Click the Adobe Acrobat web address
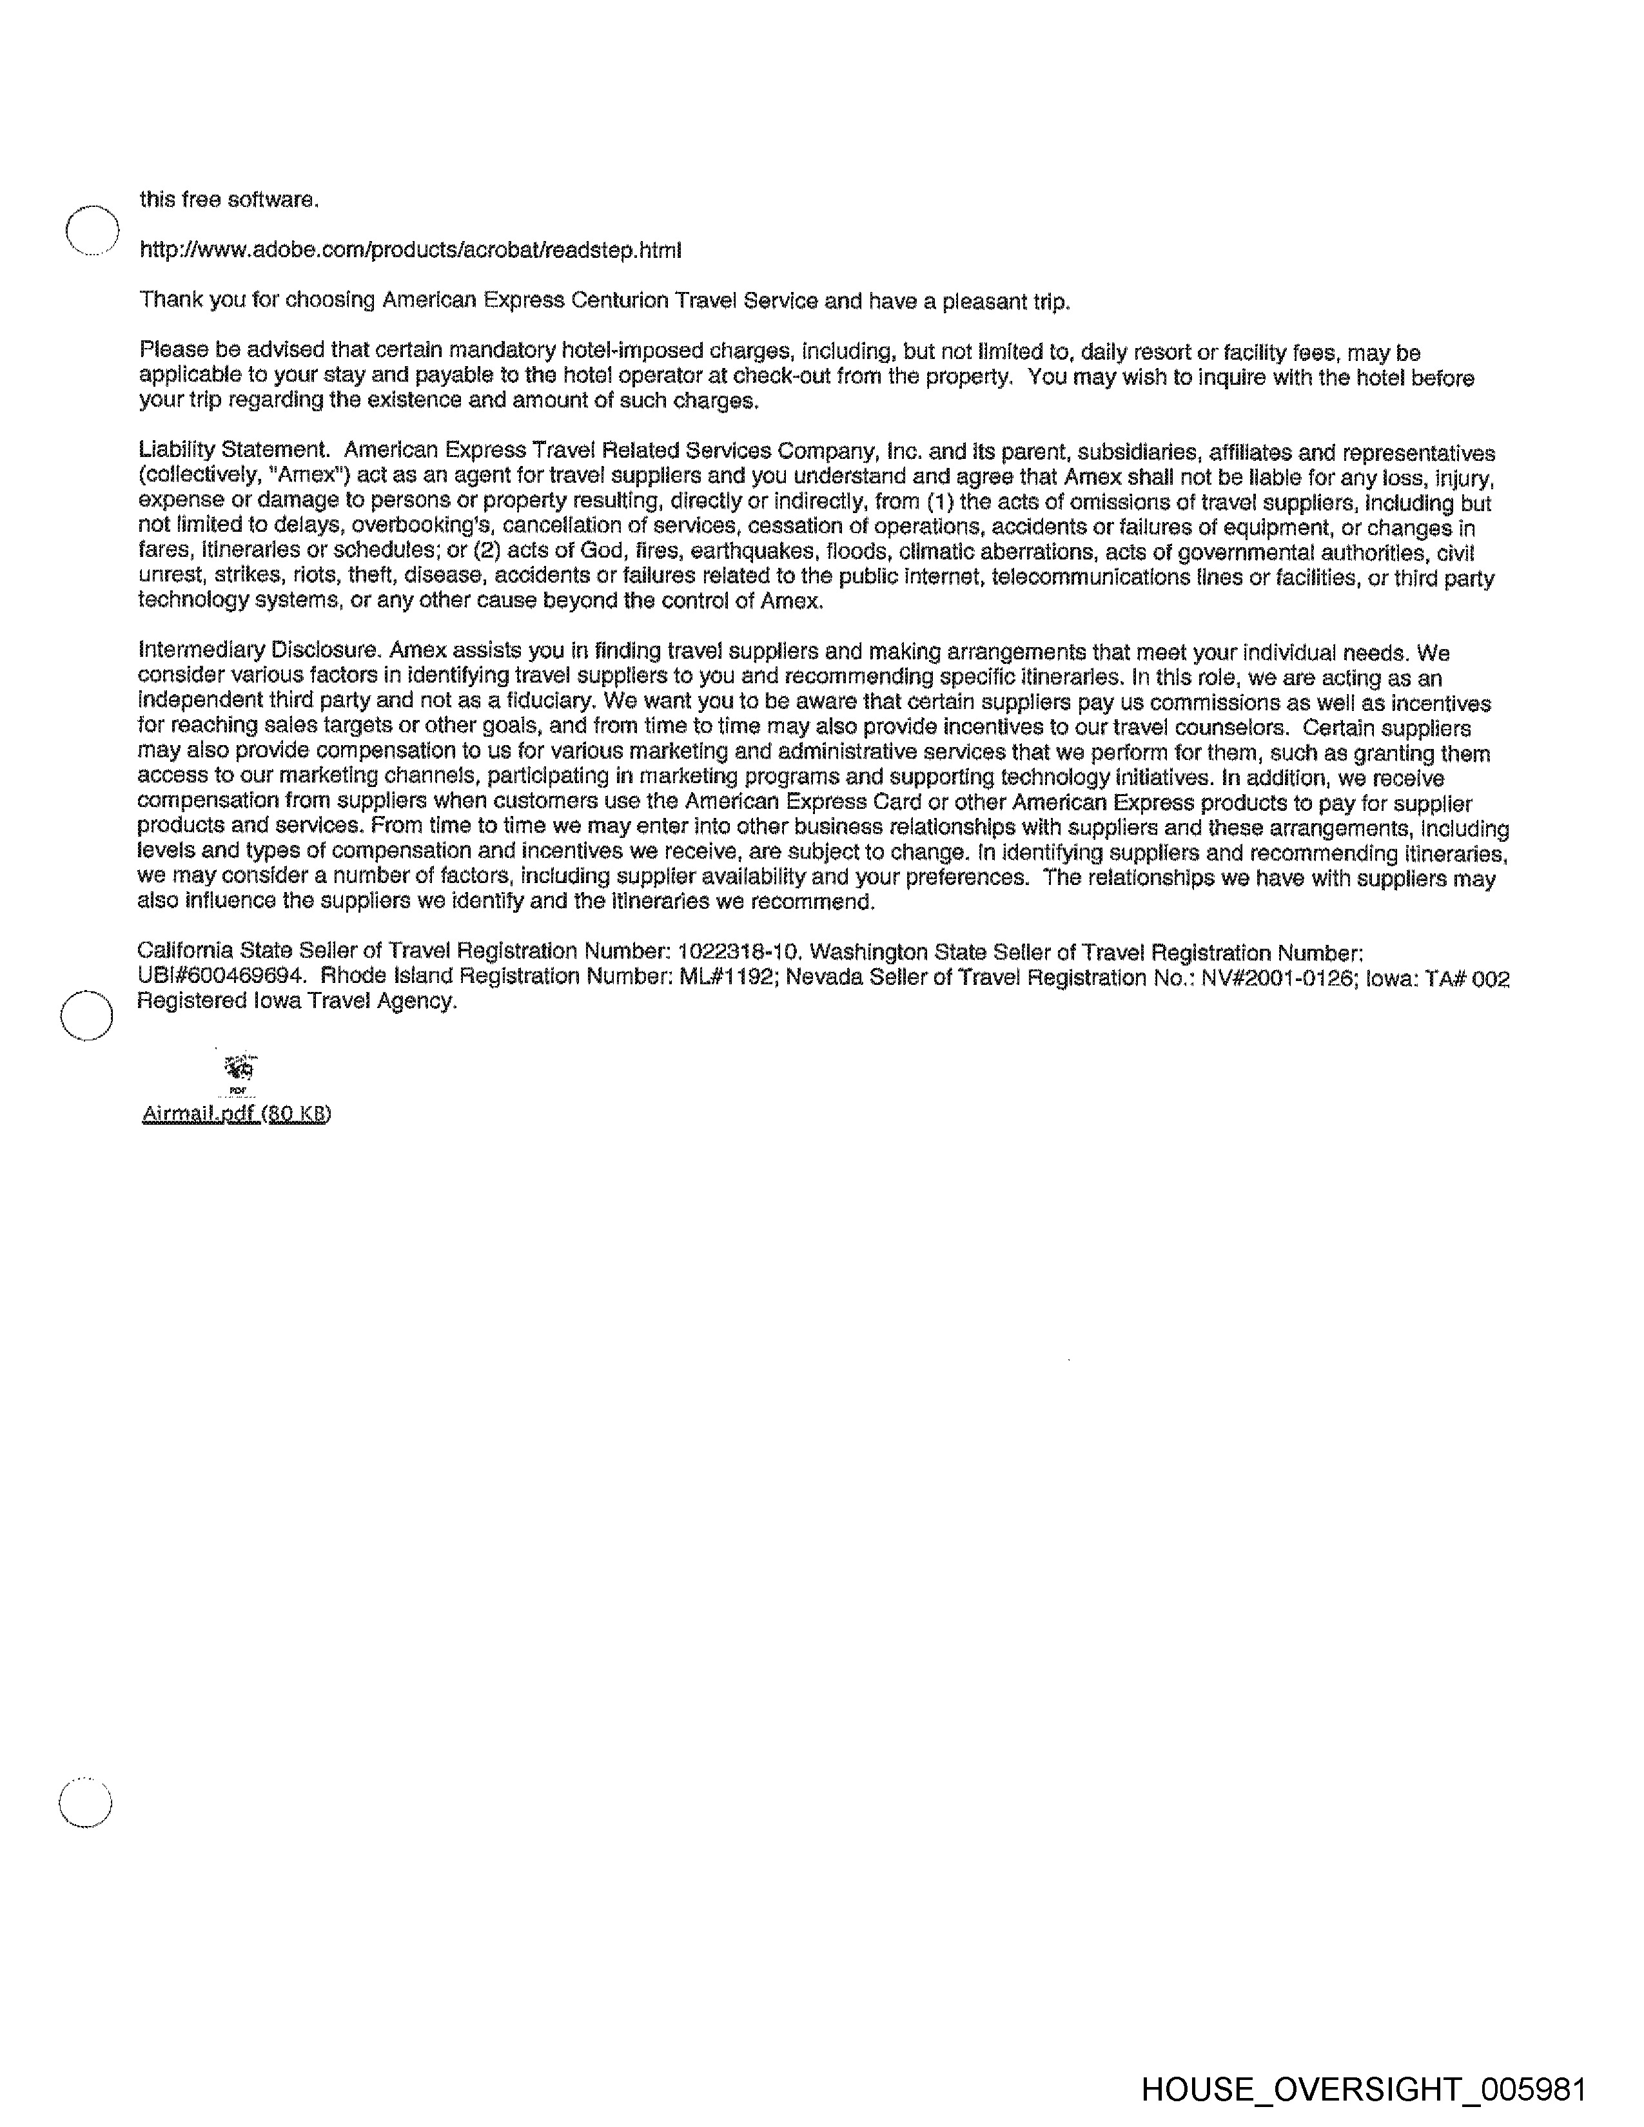click(x=410, y=250)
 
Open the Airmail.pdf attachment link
click(x=237, y=1113)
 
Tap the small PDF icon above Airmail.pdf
click(x=239, y=1069)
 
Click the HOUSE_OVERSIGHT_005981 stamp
click(x=1364, y=2088)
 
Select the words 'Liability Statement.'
click(x=234, y=451)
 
